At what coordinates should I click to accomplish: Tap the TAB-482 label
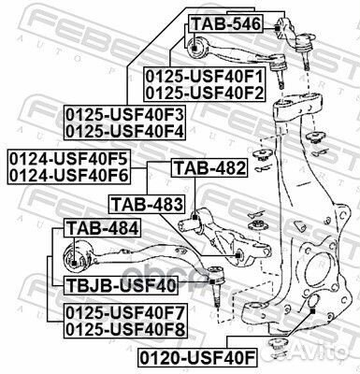pos(209,169)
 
